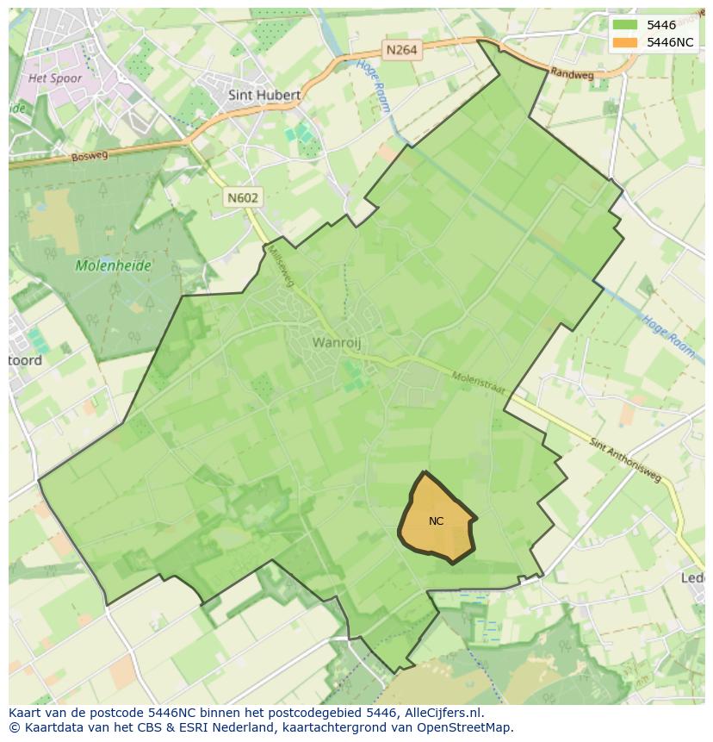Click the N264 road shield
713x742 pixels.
(x=401, y=50)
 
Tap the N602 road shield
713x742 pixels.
(x=243, y=197)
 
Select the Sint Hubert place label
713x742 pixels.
(x=264, y=95)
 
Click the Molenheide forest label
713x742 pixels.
(x=113, y=265)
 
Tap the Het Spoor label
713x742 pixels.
(x=55, y=78)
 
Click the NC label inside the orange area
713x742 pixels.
(x=436, y=521)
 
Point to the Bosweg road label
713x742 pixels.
(x=90, y=156)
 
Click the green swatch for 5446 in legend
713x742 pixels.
(x=625, y=26)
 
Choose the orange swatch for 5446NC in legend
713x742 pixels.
(x=625, y=42)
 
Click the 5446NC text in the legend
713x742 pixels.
(x=671, y=42)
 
